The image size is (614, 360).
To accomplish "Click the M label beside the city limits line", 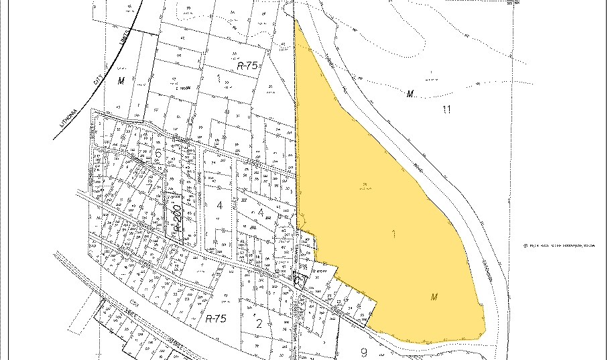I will pos(121,81).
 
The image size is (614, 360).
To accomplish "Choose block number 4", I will pos(219,204).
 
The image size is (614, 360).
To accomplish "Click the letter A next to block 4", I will pos(260,213).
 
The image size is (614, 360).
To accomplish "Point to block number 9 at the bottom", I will pos(363,353).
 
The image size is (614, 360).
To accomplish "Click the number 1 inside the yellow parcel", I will pos(394,235).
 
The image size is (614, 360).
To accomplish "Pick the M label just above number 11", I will pos(410,94).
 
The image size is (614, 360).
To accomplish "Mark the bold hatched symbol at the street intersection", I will pos(300,280).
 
